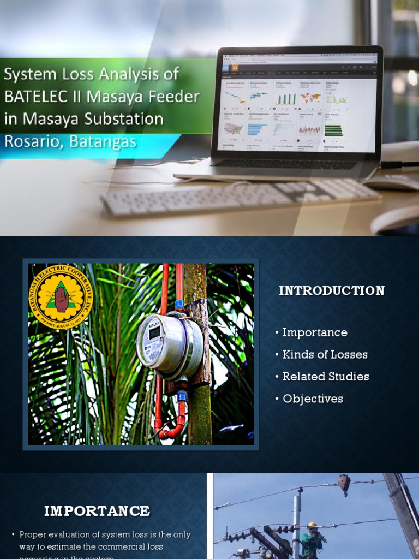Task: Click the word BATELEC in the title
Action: coord(31,97)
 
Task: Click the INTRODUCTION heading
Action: coord(332,291)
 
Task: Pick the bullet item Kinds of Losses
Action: coord(325,355)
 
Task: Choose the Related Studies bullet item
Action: coord(325,377)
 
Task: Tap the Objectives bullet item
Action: coord(313,399)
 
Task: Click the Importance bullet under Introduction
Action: coord(314,332)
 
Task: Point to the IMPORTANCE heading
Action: coord(97,511)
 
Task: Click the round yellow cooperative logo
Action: coord(61,297)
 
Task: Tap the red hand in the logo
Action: coord(62,299)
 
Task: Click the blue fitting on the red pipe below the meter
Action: coord(181,395)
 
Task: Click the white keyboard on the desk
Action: coord(240,197)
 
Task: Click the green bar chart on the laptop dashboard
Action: coord(285,99)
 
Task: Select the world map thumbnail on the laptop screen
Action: coord(310,98)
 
